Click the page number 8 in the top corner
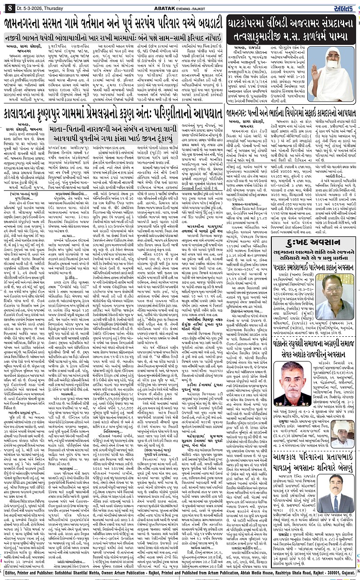pyautogui.click(x=9, y=6)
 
